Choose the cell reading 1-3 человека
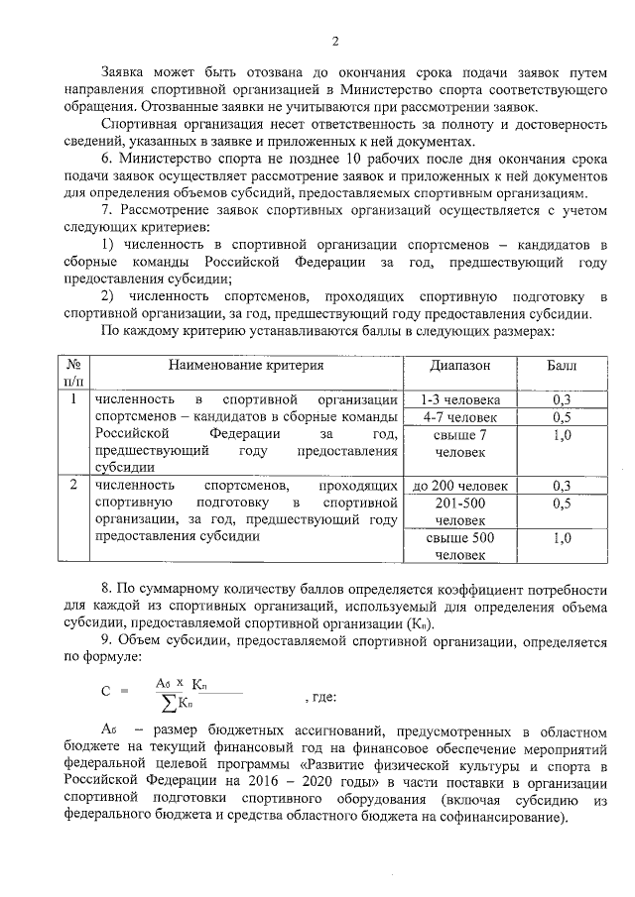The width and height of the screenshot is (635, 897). (459, 399)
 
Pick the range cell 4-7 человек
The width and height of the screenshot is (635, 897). (459, 417)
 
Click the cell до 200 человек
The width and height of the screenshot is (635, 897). (459, 486)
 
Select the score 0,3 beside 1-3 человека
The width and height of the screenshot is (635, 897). (563, 399)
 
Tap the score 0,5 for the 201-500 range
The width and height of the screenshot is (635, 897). (563, 504)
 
